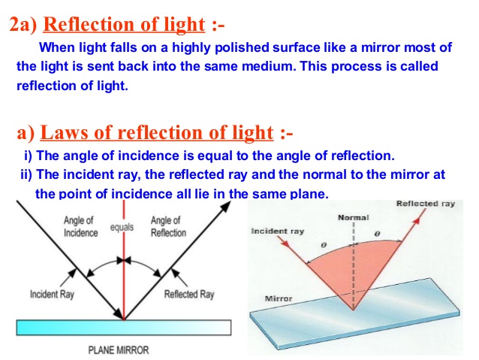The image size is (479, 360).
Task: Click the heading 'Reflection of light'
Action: tap(124, 24)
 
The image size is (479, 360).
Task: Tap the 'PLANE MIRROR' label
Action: tap(119, 349)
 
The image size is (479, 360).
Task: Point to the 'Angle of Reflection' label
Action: tap(167, 226)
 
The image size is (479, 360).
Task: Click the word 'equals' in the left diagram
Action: tap(122, 225)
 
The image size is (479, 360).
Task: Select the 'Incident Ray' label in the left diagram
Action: tap(52, 294)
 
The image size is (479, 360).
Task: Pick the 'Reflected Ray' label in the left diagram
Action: tap(188, 294)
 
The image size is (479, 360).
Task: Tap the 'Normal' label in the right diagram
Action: tap(354, 218)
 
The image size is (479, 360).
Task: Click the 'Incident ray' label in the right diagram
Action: tap(277, 231)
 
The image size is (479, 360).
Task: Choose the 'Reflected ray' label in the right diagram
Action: tap(425, 204)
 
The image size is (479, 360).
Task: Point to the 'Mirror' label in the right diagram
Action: tap(279, 298)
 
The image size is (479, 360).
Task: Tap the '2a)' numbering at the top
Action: tap(24, 25)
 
